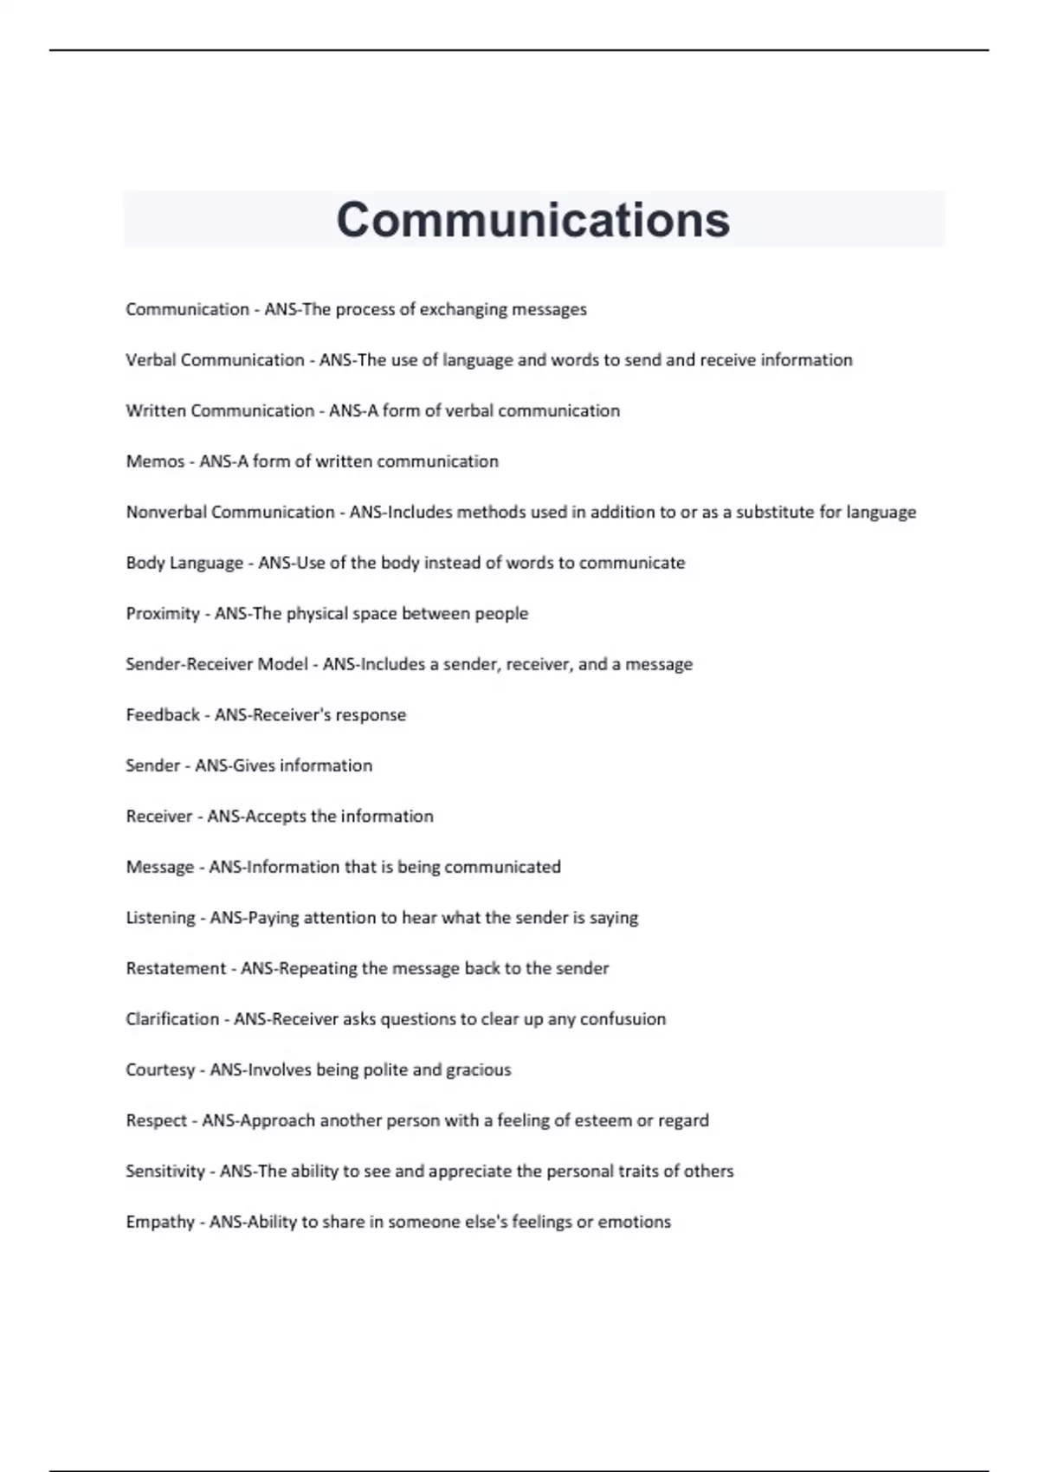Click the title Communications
[532, 220]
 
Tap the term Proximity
[163, 614]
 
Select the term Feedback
[163, 715]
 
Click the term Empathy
[160, 1222]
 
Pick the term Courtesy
[160, 1070]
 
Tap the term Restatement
[176, 968]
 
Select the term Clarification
[172, 1019]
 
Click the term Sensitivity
[165, 1172]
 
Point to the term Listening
[160, 918]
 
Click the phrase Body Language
[184, 563]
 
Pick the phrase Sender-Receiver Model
[216, 664]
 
